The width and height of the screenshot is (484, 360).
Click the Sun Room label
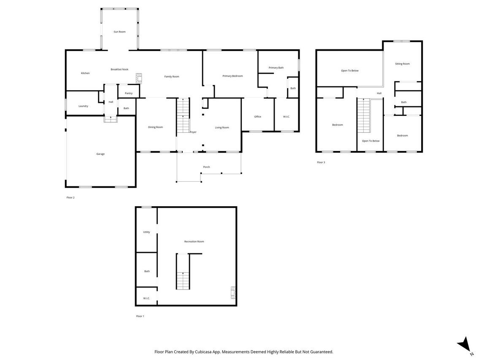119,32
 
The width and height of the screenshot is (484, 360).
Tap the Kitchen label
85,73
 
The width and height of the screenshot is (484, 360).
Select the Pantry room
129,93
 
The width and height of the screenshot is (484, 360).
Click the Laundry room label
84,106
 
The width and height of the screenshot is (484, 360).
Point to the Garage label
100,154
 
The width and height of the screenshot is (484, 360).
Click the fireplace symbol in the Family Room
139,78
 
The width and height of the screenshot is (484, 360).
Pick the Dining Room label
155,127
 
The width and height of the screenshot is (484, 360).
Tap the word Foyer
193,132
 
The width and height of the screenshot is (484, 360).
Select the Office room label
258,117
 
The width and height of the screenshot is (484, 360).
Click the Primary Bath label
276,67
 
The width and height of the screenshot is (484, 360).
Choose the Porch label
206,167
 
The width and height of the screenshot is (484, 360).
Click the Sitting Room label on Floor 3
402,64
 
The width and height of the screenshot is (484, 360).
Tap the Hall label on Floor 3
379,93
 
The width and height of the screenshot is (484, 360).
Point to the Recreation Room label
194,242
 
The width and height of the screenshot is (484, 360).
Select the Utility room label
146,232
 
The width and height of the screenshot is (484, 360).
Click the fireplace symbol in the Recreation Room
233,293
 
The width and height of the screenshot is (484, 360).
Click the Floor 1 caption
140,316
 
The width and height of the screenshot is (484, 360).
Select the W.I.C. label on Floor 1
146,298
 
